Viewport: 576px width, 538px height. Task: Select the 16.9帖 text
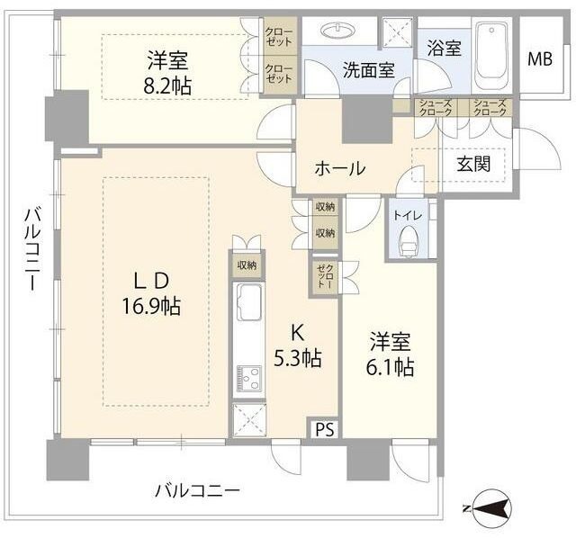pos(151,306)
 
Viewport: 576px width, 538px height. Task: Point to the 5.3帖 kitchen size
pos(298,357)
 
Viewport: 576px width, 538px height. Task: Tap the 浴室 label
pos(444,48)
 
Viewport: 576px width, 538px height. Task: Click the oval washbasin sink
pos(339,31)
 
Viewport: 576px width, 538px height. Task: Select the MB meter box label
pos(540,59)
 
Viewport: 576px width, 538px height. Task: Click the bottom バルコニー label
pos(197,491)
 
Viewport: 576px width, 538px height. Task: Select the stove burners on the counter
pos(247,377)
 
